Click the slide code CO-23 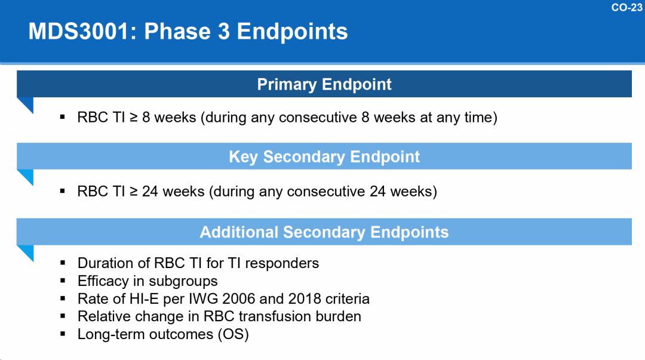click(626, 7)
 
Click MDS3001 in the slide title click(79, 31)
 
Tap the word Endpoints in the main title click(292, 32)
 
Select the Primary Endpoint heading click(324, 84)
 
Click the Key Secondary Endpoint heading click(324, 157)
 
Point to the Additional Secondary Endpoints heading click(324, 232)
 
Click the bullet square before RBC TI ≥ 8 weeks click(63, 117)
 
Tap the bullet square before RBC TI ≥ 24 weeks click(63, 191)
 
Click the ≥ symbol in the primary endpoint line click(134, 117)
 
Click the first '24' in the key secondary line click(150, 191)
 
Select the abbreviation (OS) click(234, 334)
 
